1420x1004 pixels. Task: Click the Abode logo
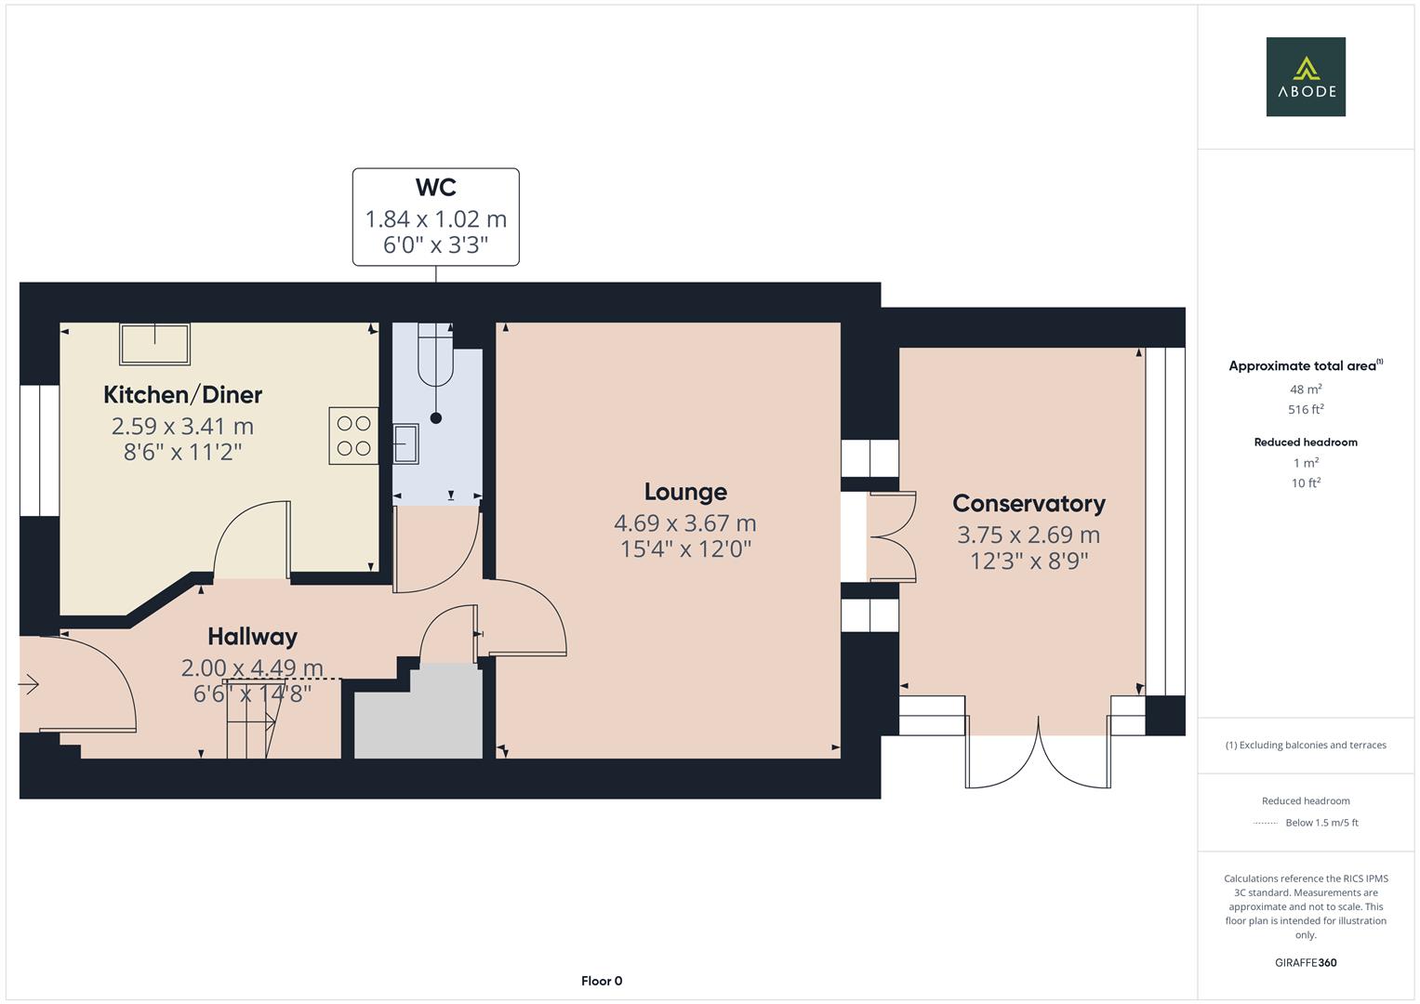(x=1306, y=76)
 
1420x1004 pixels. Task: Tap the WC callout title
(x=435, y=188)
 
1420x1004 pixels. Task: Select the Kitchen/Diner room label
(x=182, y=395)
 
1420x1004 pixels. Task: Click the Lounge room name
(x=685, y=493)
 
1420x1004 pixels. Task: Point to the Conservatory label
(x=1029, y=504)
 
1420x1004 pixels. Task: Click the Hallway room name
(x=252, y=637)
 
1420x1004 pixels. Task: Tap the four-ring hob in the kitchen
(x=353, y=436)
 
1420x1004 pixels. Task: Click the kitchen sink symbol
(x=154, y=344)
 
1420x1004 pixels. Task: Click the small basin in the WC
(x=405, y=443)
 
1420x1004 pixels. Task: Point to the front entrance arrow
(x=29, y=684)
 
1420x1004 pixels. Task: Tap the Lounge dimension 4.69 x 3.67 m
(x=685, y=523)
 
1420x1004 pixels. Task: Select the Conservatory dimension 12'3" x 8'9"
(x=1029, y=561)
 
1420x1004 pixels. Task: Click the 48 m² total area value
(x=1306, y=390)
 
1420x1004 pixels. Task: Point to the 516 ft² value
(x=1306, y=409)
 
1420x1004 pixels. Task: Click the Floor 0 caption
(x=602, y=981)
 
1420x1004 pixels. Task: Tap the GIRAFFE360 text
(x=1306, y=963)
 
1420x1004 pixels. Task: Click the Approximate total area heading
(x=1306, y=365)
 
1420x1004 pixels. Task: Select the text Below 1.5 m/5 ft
(x=1321, y=823)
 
